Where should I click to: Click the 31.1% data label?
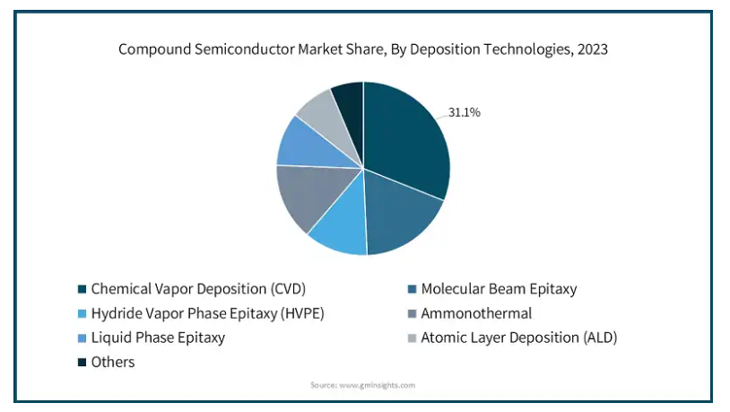point(465,112)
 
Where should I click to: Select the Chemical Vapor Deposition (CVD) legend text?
point(198,289)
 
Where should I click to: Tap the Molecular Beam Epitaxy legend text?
point(500,289)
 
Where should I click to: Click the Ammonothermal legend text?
point(476,313)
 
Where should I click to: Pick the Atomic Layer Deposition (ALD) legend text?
point(519,337)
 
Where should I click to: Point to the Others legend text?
point(113,362)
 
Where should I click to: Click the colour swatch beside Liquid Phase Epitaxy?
point(82,337)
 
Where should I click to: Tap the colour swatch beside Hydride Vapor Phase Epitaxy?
point(82,313)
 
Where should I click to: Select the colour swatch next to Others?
point(82,362)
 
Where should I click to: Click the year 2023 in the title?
point(593,49)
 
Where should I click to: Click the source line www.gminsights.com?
point(377,385)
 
